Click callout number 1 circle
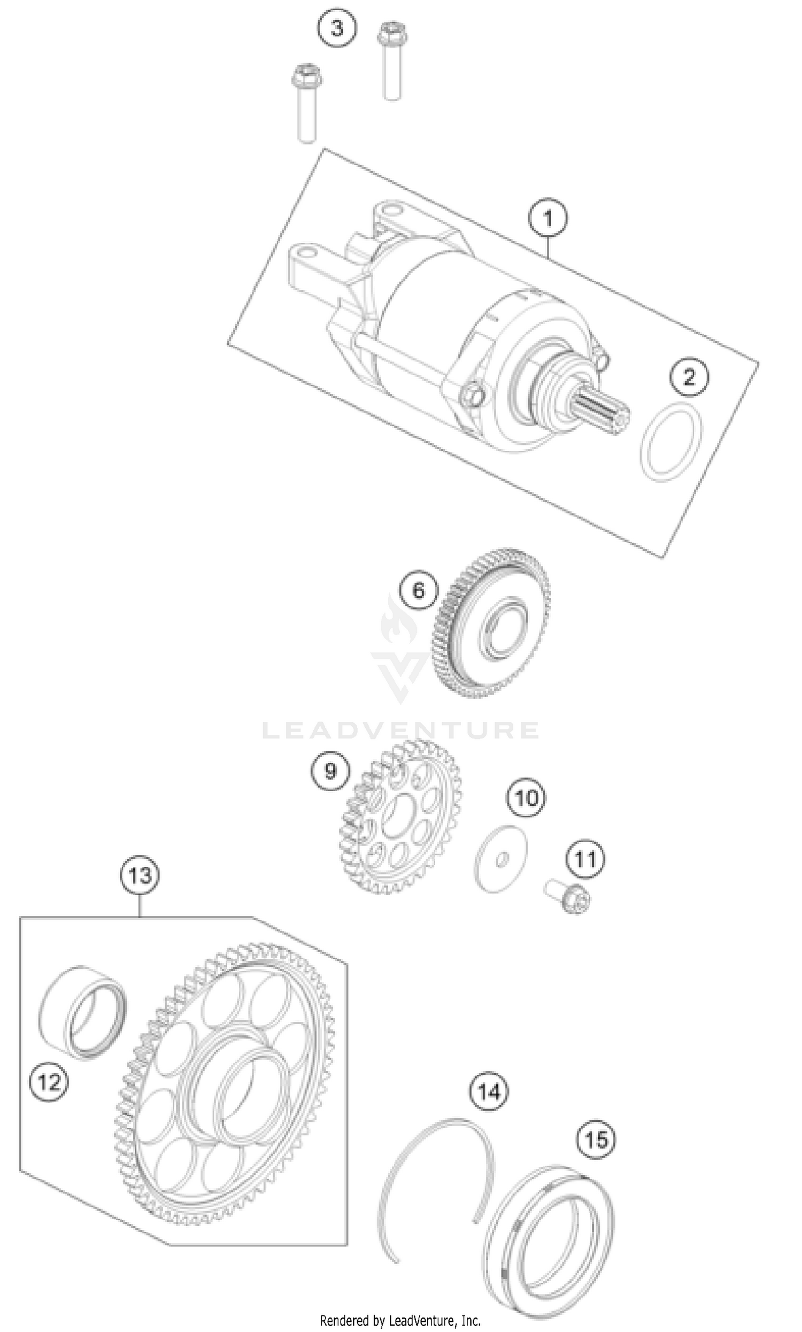[547, 219]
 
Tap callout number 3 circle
[337, 28]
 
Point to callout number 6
[419, 591]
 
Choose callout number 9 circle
[330, 771]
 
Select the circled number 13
[140, 874]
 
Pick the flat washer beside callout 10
[500, 859]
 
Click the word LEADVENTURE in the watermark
[400, 730]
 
